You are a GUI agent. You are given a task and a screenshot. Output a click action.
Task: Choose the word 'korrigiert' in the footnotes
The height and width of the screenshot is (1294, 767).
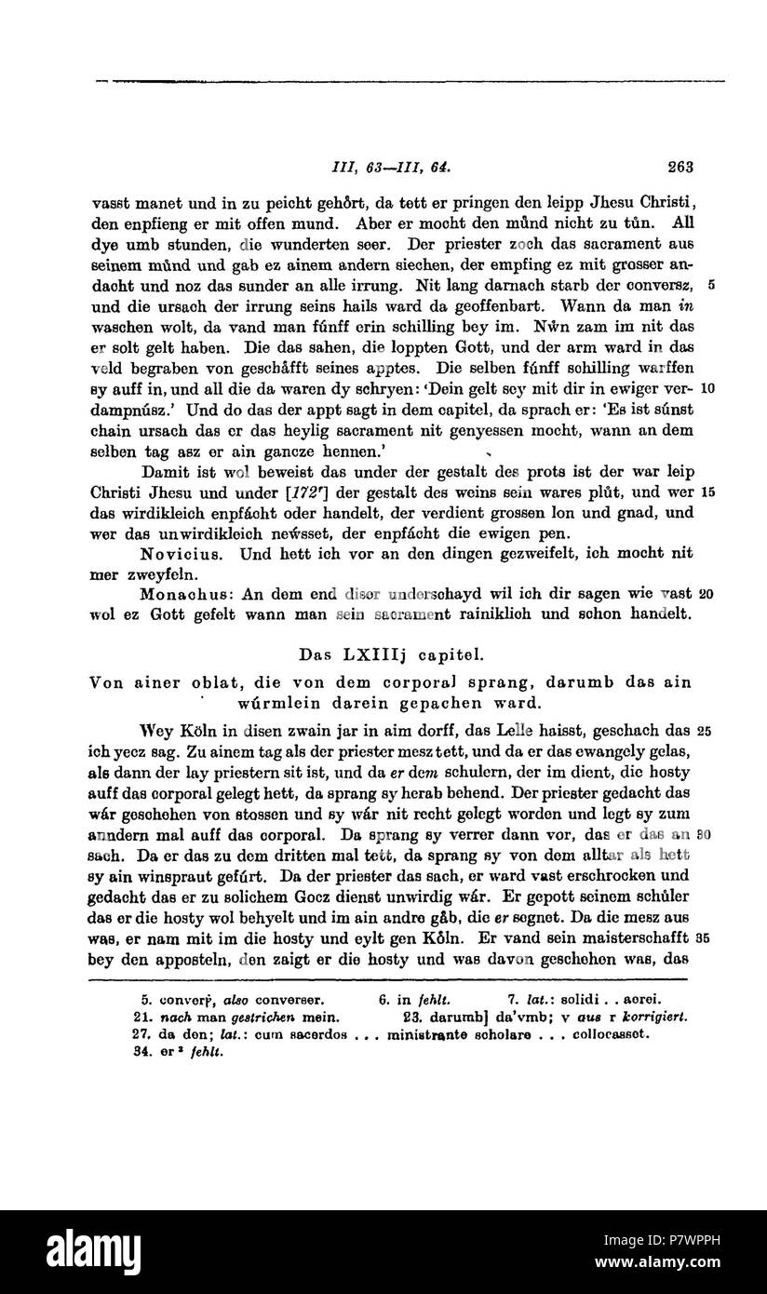click(650, 1018)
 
